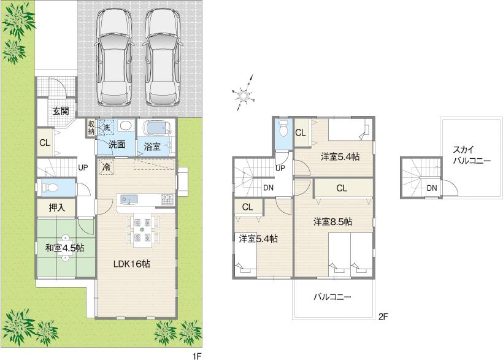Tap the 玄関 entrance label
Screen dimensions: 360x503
point(60,111)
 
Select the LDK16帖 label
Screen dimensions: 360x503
point(131,264)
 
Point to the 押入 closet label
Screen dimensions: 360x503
point(57,208)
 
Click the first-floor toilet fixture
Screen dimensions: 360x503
point(48,187)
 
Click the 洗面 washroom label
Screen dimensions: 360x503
point(117,145)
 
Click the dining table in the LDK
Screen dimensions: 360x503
point(142,229)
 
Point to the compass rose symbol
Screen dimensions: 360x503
point(244,94)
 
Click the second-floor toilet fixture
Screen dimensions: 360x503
point(283,130)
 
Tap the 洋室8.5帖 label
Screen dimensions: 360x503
point(332,221)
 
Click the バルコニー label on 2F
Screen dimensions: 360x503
point(332,297)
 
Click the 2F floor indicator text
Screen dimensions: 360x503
point(383,317)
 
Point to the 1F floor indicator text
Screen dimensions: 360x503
point(196,354)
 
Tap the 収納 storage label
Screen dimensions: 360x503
point(91,128)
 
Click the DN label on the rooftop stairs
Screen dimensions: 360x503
point(432,188)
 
